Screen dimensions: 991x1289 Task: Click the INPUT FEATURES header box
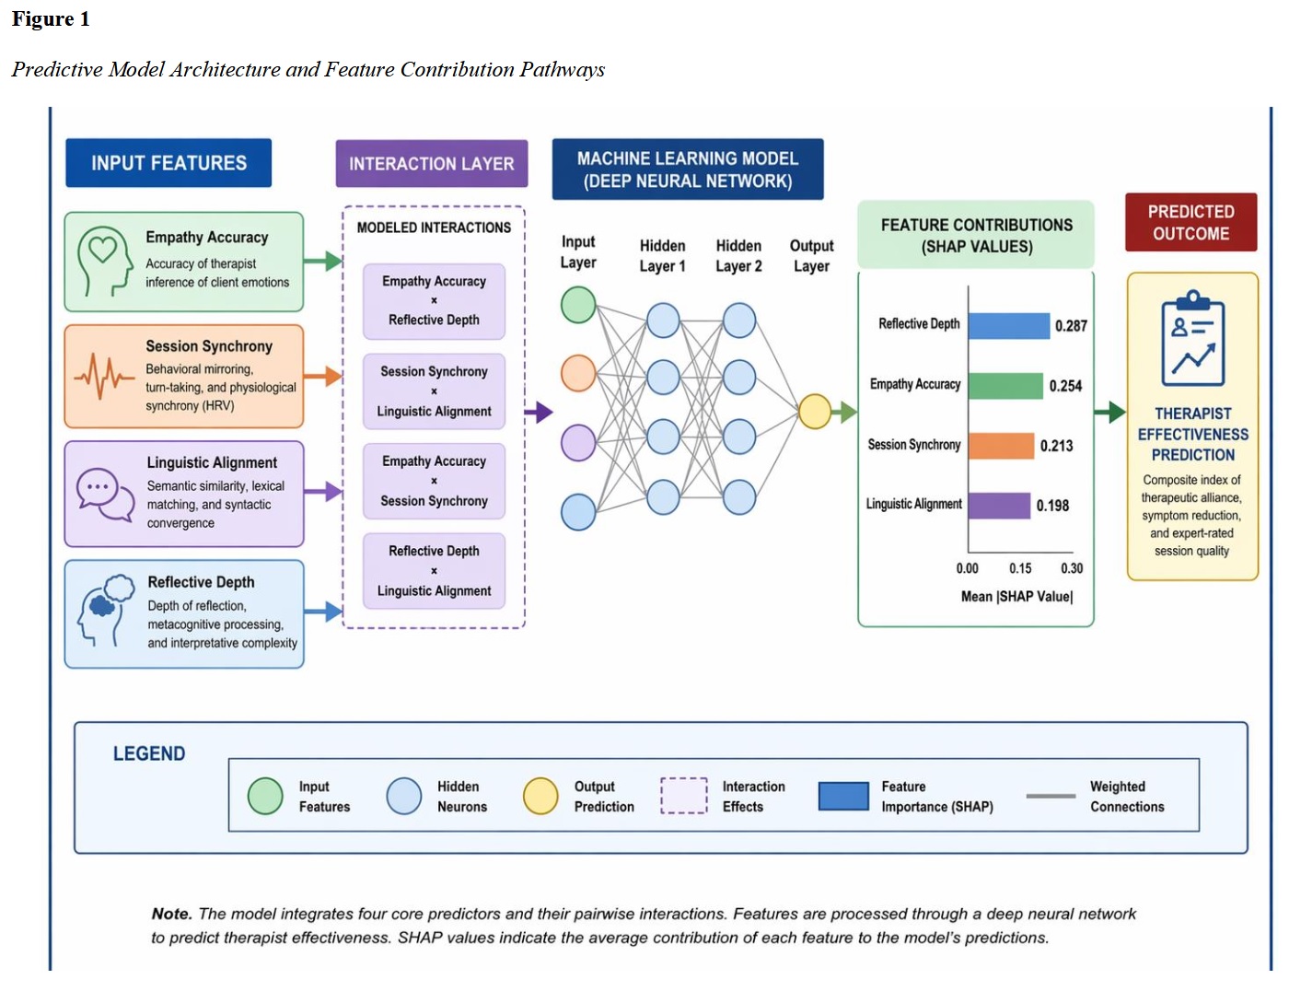point(168,163)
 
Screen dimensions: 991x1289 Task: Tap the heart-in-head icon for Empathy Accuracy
point(104,261)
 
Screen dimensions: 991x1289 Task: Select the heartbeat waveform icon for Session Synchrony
point(103,375)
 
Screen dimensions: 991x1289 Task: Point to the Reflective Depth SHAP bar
point(1008,325)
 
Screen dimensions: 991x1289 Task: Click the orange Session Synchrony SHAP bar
point(1001,446)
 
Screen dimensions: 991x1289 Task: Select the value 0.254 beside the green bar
point(1065,386)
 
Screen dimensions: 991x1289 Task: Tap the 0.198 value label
point(1052,506)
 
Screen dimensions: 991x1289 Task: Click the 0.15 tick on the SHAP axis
point(1020,568)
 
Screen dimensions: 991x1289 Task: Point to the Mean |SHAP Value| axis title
point(1016,596)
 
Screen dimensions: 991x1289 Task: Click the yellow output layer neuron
point(815,412)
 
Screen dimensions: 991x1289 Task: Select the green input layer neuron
point(578,305)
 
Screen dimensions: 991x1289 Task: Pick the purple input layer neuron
point(578,443)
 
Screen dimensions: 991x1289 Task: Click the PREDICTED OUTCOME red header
point(1190,222)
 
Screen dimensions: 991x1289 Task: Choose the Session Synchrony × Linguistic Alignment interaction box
point(434,391)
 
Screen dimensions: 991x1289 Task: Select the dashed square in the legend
point(684,796)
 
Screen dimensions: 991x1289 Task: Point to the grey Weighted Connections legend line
point(1051,796)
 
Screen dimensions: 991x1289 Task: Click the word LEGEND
point(149,753)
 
